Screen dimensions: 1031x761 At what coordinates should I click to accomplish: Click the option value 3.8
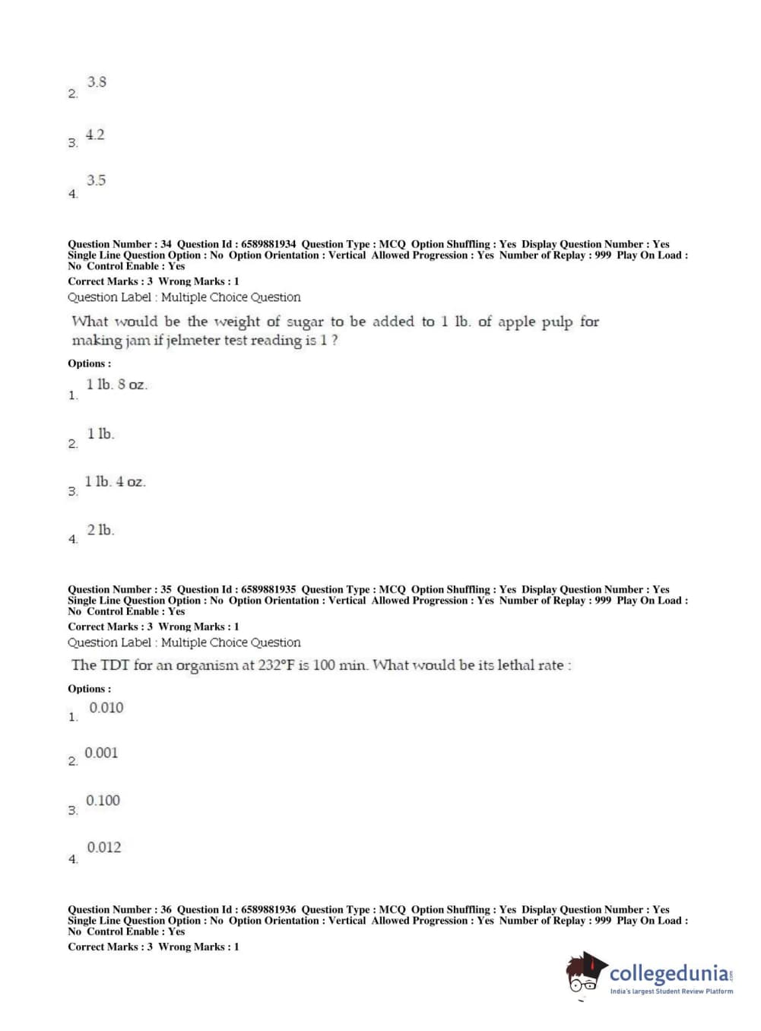point(97,82)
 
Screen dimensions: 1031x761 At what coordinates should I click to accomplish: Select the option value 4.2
point(95,135)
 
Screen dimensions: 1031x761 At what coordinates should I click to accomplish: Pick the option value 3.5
point(96,181)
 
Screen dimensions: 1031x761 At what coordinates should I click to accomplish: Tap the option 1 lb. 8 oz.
point(116,385)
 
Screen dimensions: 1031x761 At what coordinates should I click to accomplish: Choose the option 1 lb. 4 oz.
point(115,482)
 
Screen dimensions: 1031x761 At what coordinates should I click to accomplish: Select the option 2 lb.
point(100,530)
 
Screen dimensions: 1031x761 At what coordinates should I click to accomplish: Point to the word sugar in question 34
point(305,322)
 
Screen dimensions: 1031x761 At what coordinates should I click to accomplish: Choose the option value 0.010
point(106,708)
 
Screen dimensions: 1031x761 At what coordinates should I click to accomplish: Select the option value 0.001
point(101,753)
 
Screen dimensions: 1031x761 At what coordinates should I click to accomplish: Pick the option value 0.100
point(103,801)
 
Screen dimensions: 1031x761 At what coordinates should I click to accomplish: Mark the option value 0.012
point(103,848)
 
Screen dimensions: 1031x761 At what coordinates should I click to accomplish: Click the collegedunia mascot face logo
point(585,973)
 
